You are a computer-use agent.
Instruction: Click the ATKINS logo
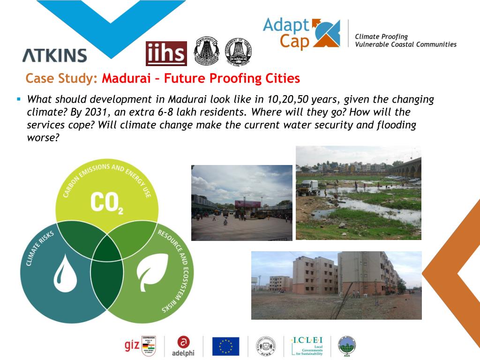(x=54, y=55)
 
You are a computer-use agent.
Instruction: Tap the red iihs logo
(x=166, y=54)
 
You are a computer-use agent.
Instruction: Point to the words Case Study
(x=61, y=78)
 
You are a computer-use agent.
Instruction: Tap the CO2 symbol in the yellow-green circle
(x=106, y=202)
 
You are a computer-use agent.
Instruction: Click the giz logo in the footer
(x=131, y=346)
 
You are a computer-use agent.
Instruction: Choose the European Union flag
(x=225, y=346)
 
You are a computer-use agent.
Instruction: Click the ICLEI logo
(x=307, y=346)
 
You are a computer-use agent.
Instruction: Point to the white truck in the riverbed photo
(x=307, y=187)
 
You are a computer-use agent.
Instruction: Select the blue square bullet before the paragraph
(x=19, y=99)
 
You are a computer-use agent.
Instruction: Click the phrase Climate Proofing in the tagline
(x=381, y=37)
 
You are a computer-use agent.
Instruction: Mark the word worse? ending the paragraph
(x=43, y=138)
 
